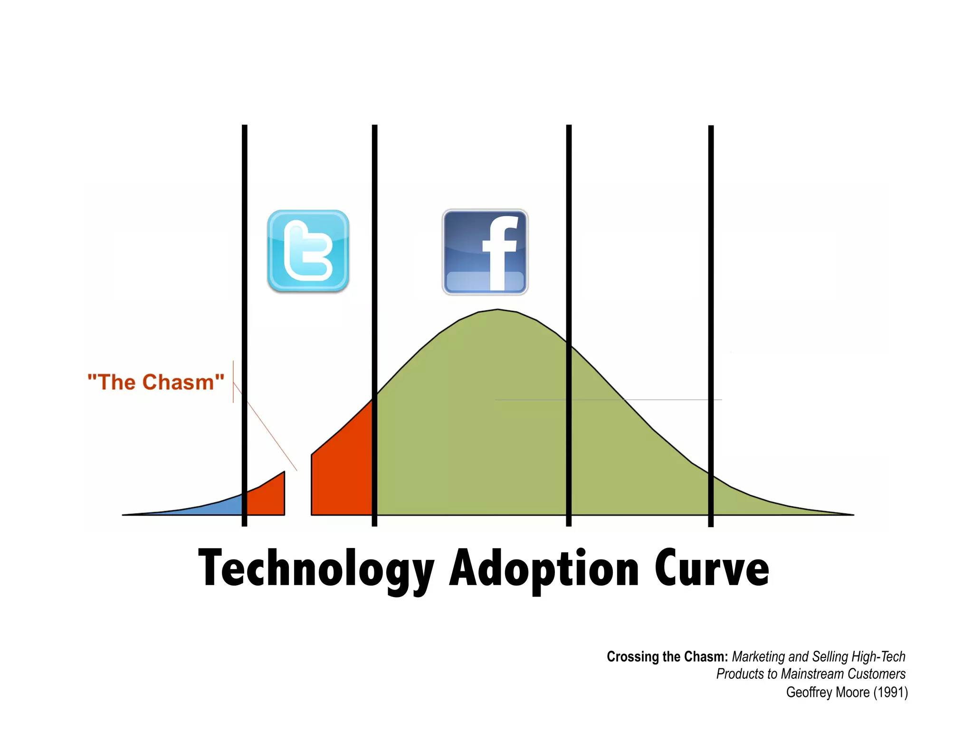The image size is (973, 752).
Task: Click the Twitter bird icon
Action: pos(308,251)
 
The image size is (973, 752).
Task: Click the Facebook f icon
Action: pos(485,252)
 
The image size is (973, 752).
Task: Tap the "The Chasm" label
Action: pos(156,382)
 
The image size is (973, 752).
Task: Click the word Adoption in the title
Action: pos(544,569)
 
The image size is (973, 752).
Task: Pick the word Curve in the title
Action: pos(711,569)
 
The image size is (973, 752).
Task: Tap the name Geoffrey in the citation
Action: pos(806,692)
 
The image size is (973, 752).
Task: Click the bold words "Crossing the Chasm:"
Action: pos(667,656)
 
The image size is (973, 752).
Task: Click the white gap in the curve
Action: pos(298,494)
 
